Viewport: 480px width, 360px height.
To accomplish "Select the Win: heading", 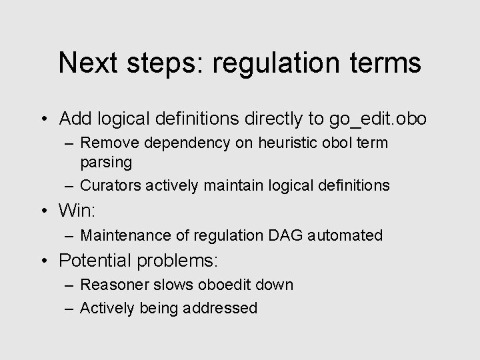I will point(78,211).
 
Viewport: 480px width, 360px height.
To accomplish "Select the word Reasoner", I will point(111,285).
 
